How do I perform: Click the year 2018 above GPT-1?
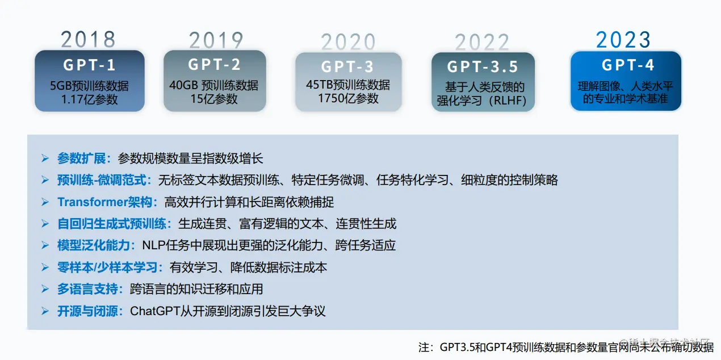[x=88, y=39]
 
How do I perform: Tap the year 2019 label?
[x=216, y=40]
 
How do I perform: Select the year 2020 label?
[x=348, y=42]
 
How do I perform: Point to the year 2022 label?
[x=482, y=42]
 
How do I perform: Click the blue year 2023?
[x=623, y=40]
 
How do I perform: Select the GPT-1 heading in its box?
[x=89, y=65]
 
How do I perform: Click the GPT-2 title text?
[x=215, y=64]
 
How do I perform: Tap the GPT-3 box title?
[x=347, y=66]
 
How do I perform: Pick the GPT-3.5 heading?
[x=483, y=66]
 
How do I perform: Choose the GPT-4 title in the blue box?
[x=628, y=65]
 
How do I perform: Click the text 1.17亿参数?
[x=90, y=99]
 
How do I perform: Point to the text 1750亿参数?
[x=348, y=98]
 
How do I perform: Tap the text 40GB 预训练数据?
[x=213, y=85]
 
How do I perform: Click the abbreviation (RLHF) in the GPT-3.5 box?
[x=508, y=101]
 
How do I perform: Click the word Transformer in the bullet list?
[x=93, y=202]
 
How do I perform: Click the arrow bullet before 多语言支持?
[x=45, y=289]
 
